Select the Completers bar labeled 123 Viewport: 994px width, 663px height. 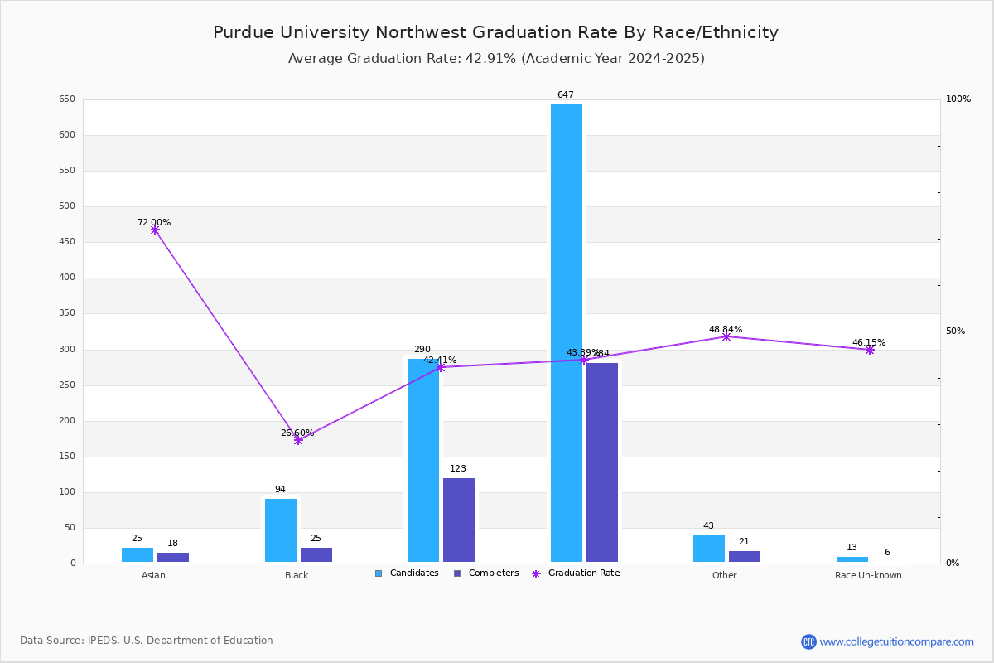459,520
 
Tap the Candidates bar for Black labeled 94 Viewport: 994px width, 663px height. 281,530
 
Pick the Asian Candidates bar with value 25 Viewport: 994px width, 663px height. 138,555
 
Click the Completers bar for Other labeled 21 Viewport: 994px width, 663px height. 744,557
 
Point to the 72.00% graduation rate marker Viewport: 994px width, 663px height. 155,230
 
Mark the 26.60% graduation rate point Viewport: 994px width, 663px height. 298,440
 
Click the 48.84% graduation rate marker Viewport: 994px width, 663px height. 726,336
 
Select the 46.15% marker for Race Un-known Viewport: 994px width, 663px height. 869,350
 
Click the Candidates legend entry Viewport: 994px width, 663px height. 407,573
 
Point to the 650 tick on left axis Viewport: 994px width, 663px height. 67,99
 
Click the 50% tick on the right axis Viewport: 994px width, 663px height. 955,331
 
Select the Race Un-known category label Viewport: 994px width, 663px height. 868,576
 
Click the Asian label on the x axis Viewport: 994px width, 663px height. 153,576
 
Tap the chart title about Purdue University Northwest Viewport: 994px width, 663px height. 495,32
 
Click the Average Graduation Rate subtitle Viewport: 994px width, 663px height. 495,59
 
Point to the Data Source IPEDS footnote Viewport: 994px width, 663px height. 147,641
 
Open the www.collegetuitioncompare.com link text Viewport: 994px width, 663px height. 896,641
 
